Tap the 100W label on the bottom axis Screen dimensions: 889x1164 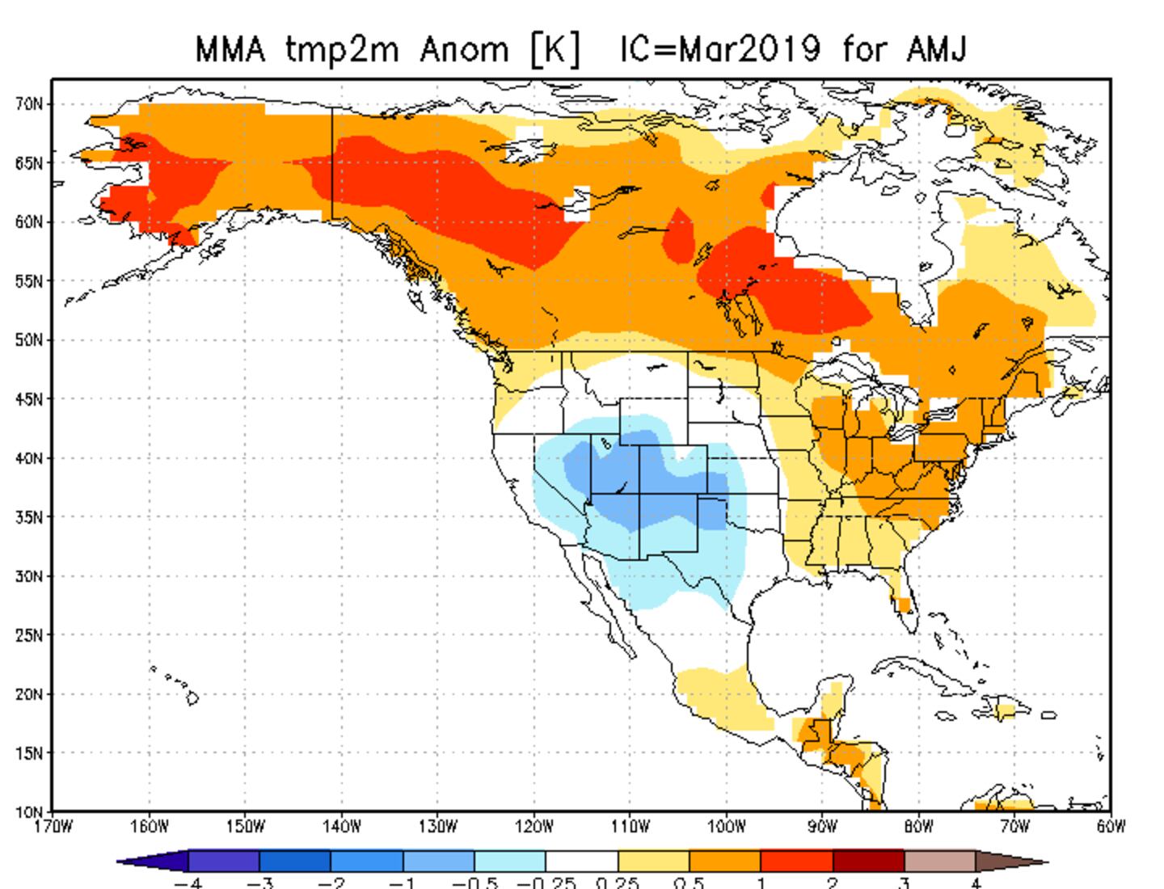[726, 827]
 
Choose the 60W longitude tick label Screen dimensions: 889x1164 [1111, 827]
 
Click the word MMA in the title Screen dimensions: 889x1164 [230, 50]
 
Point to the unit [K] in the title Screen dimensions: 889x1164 [555, 50]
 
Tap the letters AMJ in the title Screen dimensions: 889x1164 [936, 50]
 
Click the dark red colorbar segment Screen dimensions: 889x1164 [868, 861]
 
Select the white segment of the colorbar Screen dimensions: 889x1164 [581, 861]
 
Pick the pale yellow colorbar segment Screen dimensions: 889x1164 [653, 861]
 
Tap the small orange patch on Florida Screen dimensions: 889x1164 [903, 604]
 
